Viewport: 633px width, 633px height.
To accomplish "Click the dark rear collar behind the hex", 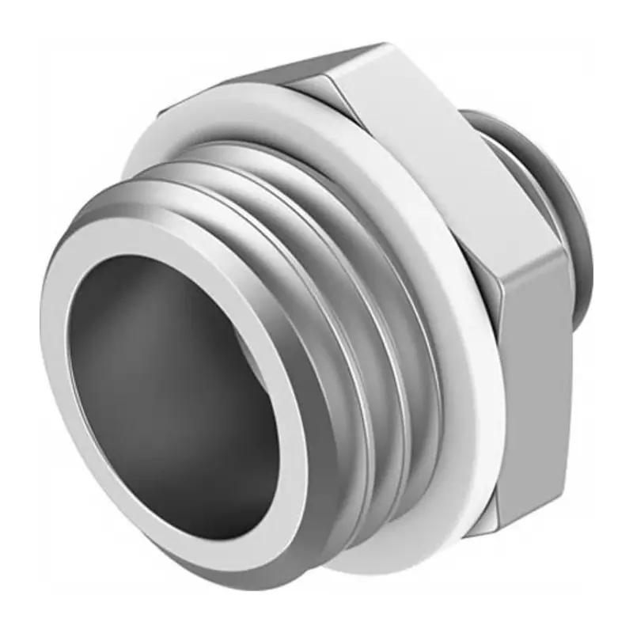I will [x=554, y=182].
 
